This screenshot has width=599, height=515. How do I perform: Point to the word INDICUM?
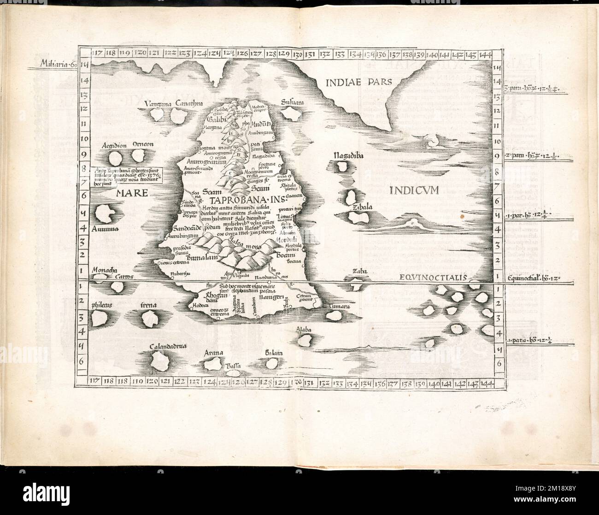click(413, 189)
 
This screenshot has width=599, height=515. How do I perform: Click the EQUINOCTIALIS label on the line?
click(432, 278)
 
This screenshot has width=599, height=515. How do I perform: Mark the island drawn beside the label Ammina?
click(106, 213)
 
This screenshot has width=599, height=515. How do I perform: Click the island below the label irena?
click(151, 317)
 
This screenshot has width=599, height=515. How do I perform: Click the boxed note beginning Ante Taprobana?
click(126, 175)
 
